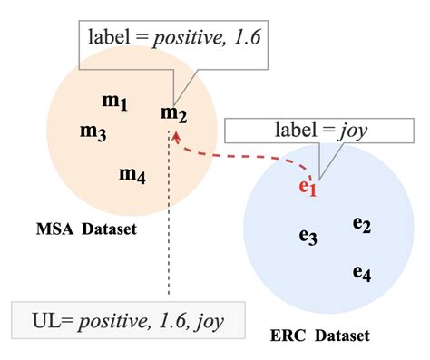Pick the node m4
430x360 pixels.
point(132,174)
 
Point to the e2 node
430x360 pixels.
point(362,223)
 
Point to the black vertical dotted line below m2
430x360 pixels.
point(170,236)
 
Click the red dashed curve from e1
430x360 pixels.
point(245,163)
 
